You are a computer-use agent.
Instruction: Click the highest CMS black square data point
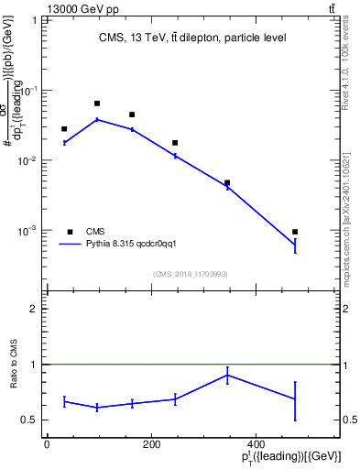click(97, 104)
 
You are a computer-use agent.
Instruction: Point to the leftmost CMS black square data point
click(64, 129)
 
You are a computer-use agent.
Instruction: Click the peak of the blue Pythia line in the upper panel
click(97, 119)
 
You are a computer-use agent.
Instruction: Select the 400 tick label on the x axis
click(254, 445)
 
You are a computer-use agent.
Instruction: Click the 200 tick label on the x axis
click(150, 445)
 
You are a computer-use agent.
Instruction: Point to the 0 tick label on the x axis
click(47, 445)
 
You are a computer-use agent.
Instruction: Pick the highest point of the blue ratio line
click(227, 375)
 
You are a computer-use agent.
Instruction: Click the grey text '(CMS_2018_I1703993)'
click(190, 274)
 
